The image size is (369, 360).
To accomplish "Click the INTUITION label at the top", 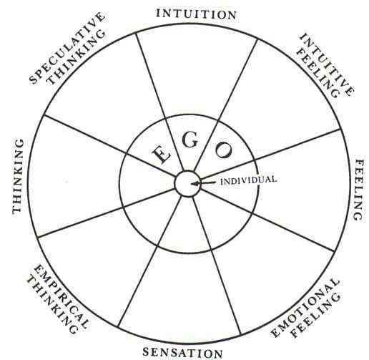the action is [x=196, y=14].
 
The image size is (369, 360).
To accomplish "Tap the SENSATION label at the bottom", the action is [x=182, y=353].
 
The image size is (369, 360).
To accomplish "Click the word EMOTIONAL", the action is [x=305, y=308].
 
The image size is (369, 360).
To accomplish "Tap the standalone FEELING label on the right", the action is [x=359, y=190].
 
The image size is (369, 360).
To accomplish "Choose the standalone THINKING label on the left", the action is [x=18, y=176].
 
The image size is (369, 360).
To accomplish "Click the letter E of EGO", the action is [x=161, y=154].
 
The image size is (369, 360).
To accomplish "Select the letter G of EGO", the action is [x=190, y=140].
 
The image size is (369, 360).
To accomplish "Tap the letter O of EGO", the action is [x=224, y=150].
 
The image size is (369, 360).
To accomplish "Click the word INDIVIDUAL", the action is [x=248, y=180].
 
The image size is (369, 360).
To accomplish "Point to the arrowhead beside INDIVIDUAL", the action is [x=195, y=183].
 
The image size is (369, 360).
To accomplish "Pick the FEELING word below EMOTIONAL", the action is [x=317, y=316].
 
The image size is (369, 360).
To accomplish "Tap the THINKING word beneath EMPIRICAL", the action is [x=52, y=306].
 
